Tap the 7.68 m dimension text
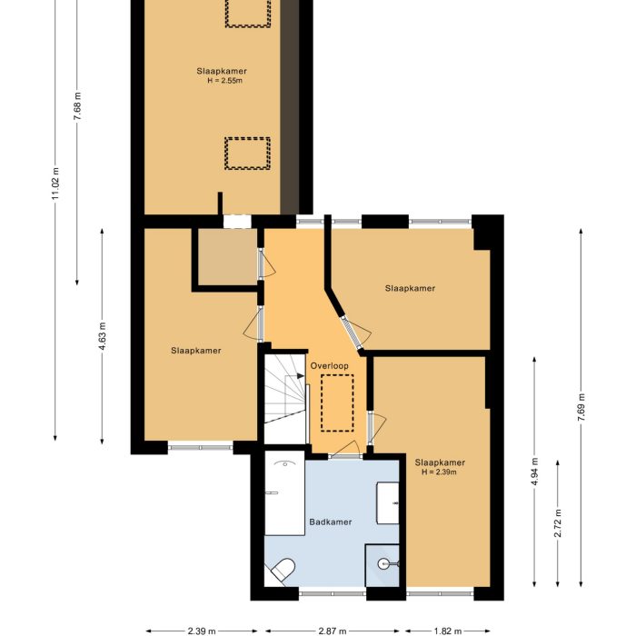point(78,109)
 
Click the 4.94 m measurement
point(535,472)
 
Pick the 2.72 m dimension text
point(557,523)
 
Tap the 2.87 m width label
point(334,630)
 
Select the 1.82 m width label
point(447,630)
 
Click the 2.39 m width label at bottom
point(201,630)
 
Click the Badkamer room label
point(330,522)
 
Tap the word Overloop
point(329,364)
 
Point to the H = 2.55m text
point(223,81)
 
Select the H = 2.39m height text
point(440,472)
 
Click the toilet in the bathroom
point(282,570)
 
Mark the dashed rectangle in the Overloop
point(336,402)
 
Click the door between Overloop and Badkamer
point(343,455)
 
